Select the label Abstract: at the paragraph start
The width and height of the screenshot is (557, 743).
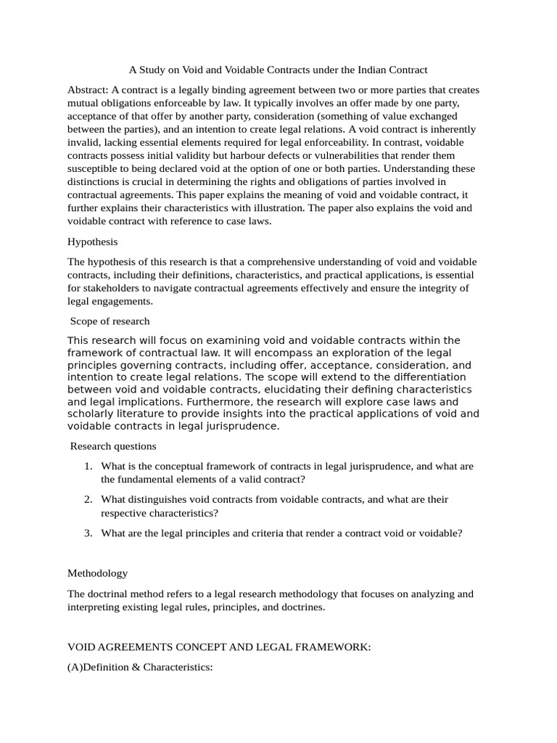click(88, 90)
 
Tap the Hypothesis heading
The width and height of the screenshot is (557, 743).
click(92, 242)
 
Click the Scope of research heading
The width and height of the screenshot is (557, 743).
click(110, 321)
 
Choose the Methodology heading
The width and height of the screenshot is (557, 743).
click(97, 572)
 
